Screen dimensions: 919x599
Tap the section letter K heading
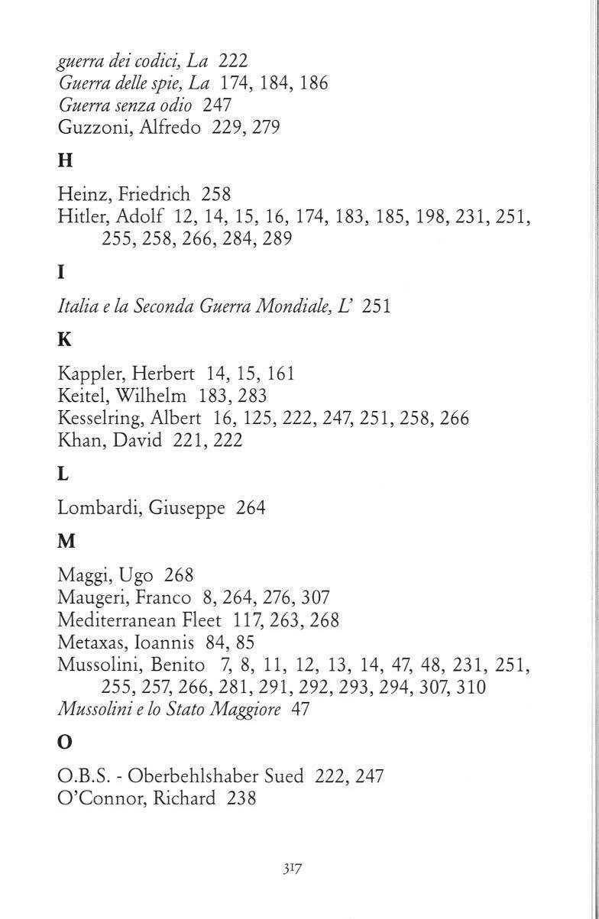click(x=65, y=341)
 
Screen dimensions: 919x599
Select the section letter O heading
click(x=66, y=745)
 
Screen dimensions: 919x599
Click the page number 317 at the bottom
click(x=293, y=869)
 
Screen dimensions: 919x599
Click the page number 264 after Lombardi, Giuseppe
click(x=251, y=507)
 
